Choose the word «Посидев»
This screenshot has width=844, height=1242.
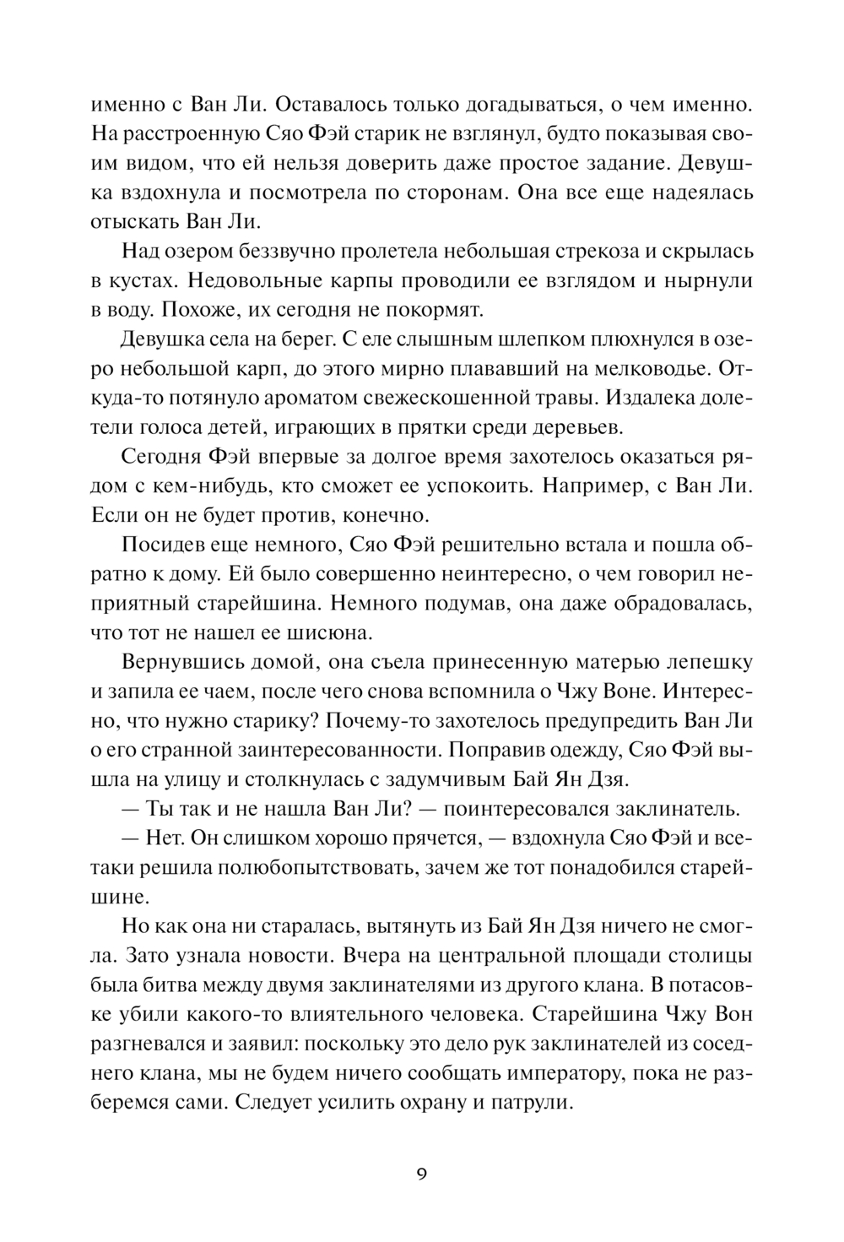[x=161, y=545]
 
